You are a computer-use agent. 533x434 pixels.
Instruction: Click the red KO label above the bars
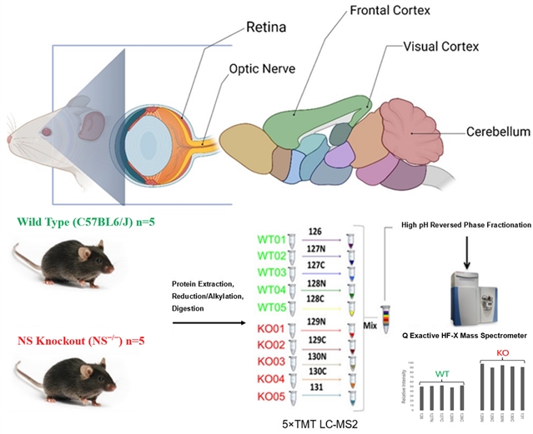coord(503,353)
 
